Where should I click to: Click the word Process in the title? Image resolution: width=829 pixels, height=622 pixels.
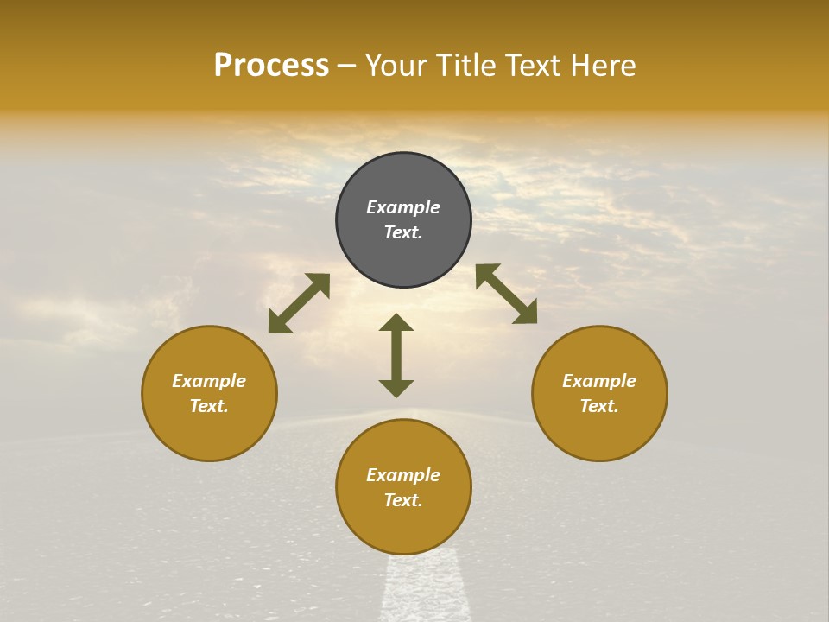tap(271, 66)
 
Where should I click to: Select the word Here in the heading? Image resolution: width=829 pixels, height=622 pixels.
tap(601, 66)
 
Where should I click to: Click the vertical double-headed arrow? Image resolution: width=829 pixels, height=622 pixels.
tap(396, 355)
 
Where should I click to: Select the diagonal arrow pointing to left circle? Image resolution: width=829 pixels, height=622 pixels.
tap(299, 303)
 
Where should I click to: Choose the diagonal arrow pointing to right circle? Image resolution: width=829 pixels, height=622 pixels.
tap(507, 294)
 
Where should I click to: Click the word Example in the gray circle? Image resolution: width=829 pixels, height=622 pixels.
tap(403, 207)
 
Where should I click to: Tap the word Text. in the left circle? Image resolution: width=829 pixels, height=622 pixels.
tap(209, 406)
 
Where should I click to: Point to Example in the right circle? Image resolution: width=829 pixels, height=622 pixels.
tap(599, 381)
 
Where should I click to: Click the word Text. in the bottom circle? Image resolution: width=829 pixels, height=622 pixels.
tap(403, 500)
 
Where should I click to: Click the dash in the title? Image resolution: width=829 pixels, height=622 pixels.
tap(346, 66)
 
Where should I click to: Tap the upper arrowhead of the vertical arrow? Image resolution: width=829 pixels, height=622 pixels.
tap(396, 322)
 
